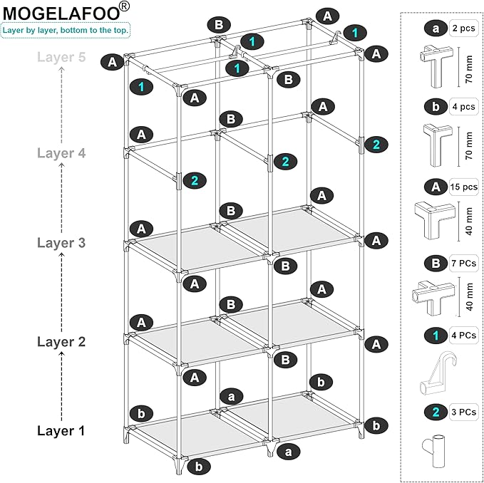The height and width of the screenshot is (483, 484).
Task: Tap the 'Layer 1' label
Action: pos(61,430)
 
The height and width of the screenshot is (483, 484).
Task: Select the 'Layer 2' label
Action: pos(61,341)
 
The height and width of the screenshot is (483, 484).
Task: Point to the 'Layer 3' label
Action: pos(61,243)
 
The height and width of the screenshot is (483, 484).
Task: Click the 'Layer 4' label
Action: pos(61,152)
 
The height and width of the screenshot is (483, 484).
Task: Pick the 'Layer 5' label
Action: pos(61,58)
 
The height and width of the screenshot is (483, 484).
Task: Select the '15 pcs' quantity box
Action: pos(463,187)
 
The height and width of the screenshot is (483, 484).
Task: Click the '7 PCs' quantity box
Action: pos(463,264)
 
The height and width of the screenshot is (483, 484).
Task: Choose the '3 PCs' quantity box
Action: pos(463,412)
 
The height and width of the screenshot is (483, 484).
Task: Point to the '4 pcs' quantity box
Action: pos(463,107)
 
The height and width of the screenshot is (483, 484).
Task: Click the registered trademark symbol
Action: pos(125,6)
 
